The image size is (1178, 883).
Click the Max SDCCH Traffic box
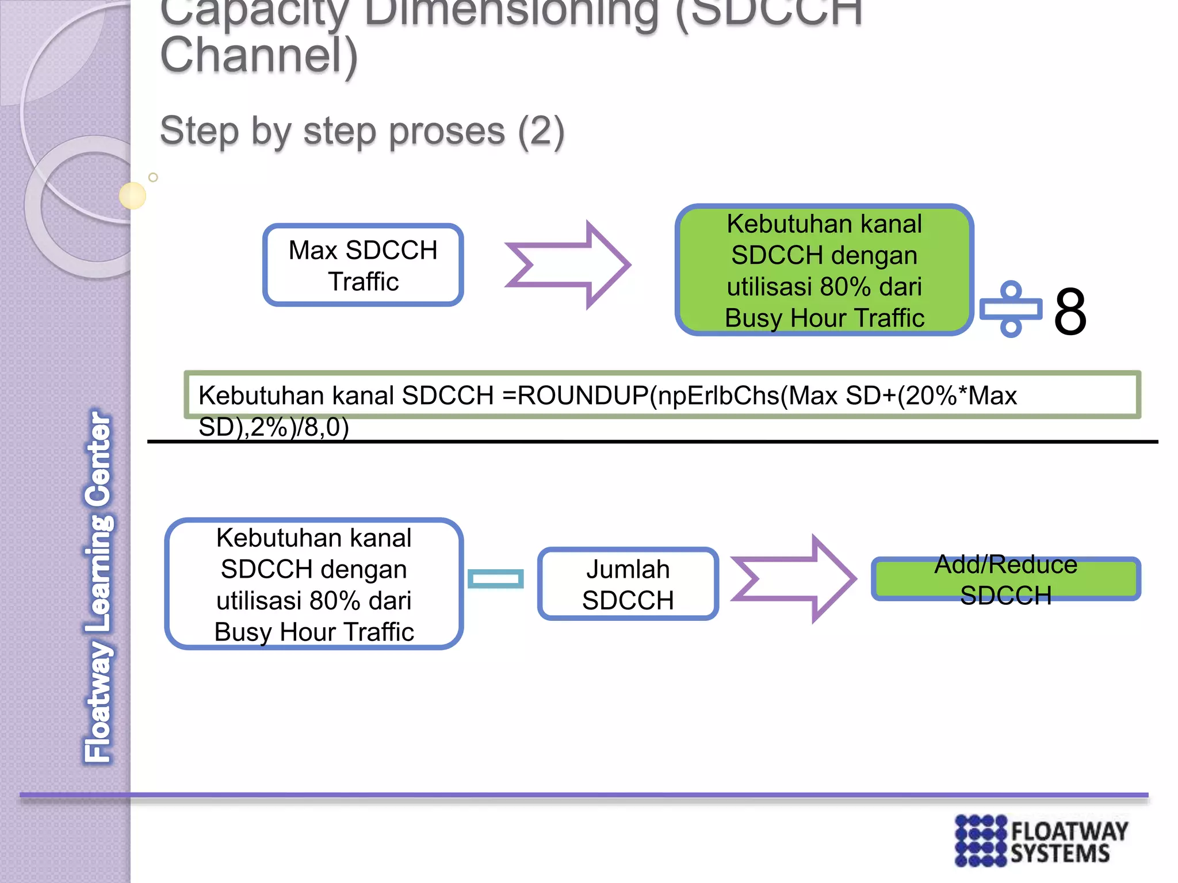pyautogui.click(x=363, y=265)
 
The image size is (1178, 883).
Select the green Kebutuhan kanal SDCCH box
pyautogui.click(x=824, y=270)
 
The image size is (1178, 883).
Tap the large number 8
pyautogui.click(x=1070, y=312)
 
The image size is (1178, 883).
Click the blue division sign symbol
pyautogui.click(x=1011, y=309)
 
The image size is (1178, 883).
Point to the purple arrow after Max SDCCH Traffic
pyautogui.click(x=568, y=265)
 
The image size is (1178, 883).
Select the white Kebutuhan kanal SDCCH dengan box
pyautogui.click(x=314, y=584)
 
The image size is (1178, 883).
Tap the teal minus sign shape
pyautogui.click(x=495, y=579)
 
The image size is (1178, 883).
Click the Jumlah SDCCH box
pyautogui.click(x=628, y=584)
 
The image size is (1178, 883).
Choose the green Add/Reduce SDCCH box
pyautogui.click(x=1005, y=579)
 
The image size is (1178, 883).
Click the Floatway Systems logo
pyautogui.click(x=1041, y=841)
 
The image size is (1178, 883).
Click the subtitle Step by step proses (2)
pyautogui.click(x=362, y=131)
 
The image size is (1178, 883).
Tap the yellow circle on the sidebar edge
pyautogui.click(x=132, y=195)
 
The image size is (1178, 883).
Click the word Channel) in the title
pyautogui.click(x=259, y=55)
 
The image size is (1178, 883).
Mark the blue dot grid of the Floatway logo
pyautogui.click(x=981, y=841)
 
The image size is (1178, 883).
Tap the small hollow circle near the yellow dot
pyautogui.click(x=153, y=177)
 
